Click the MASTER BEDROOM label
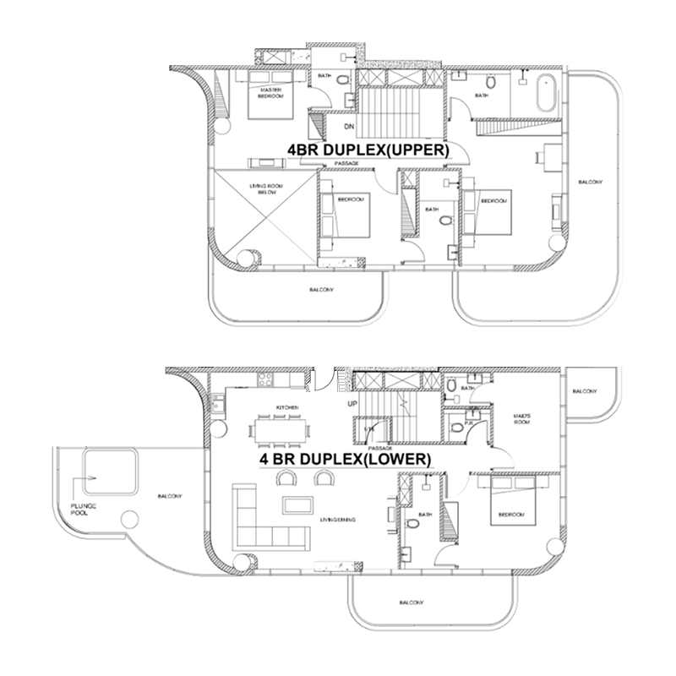click(x=270, y=92)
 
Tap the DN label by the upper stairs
click(x=348, y=128)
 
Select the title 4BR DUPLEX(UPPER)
click(x=368, y=150)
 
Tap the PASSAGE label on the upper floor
click(x=346, y=163)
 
